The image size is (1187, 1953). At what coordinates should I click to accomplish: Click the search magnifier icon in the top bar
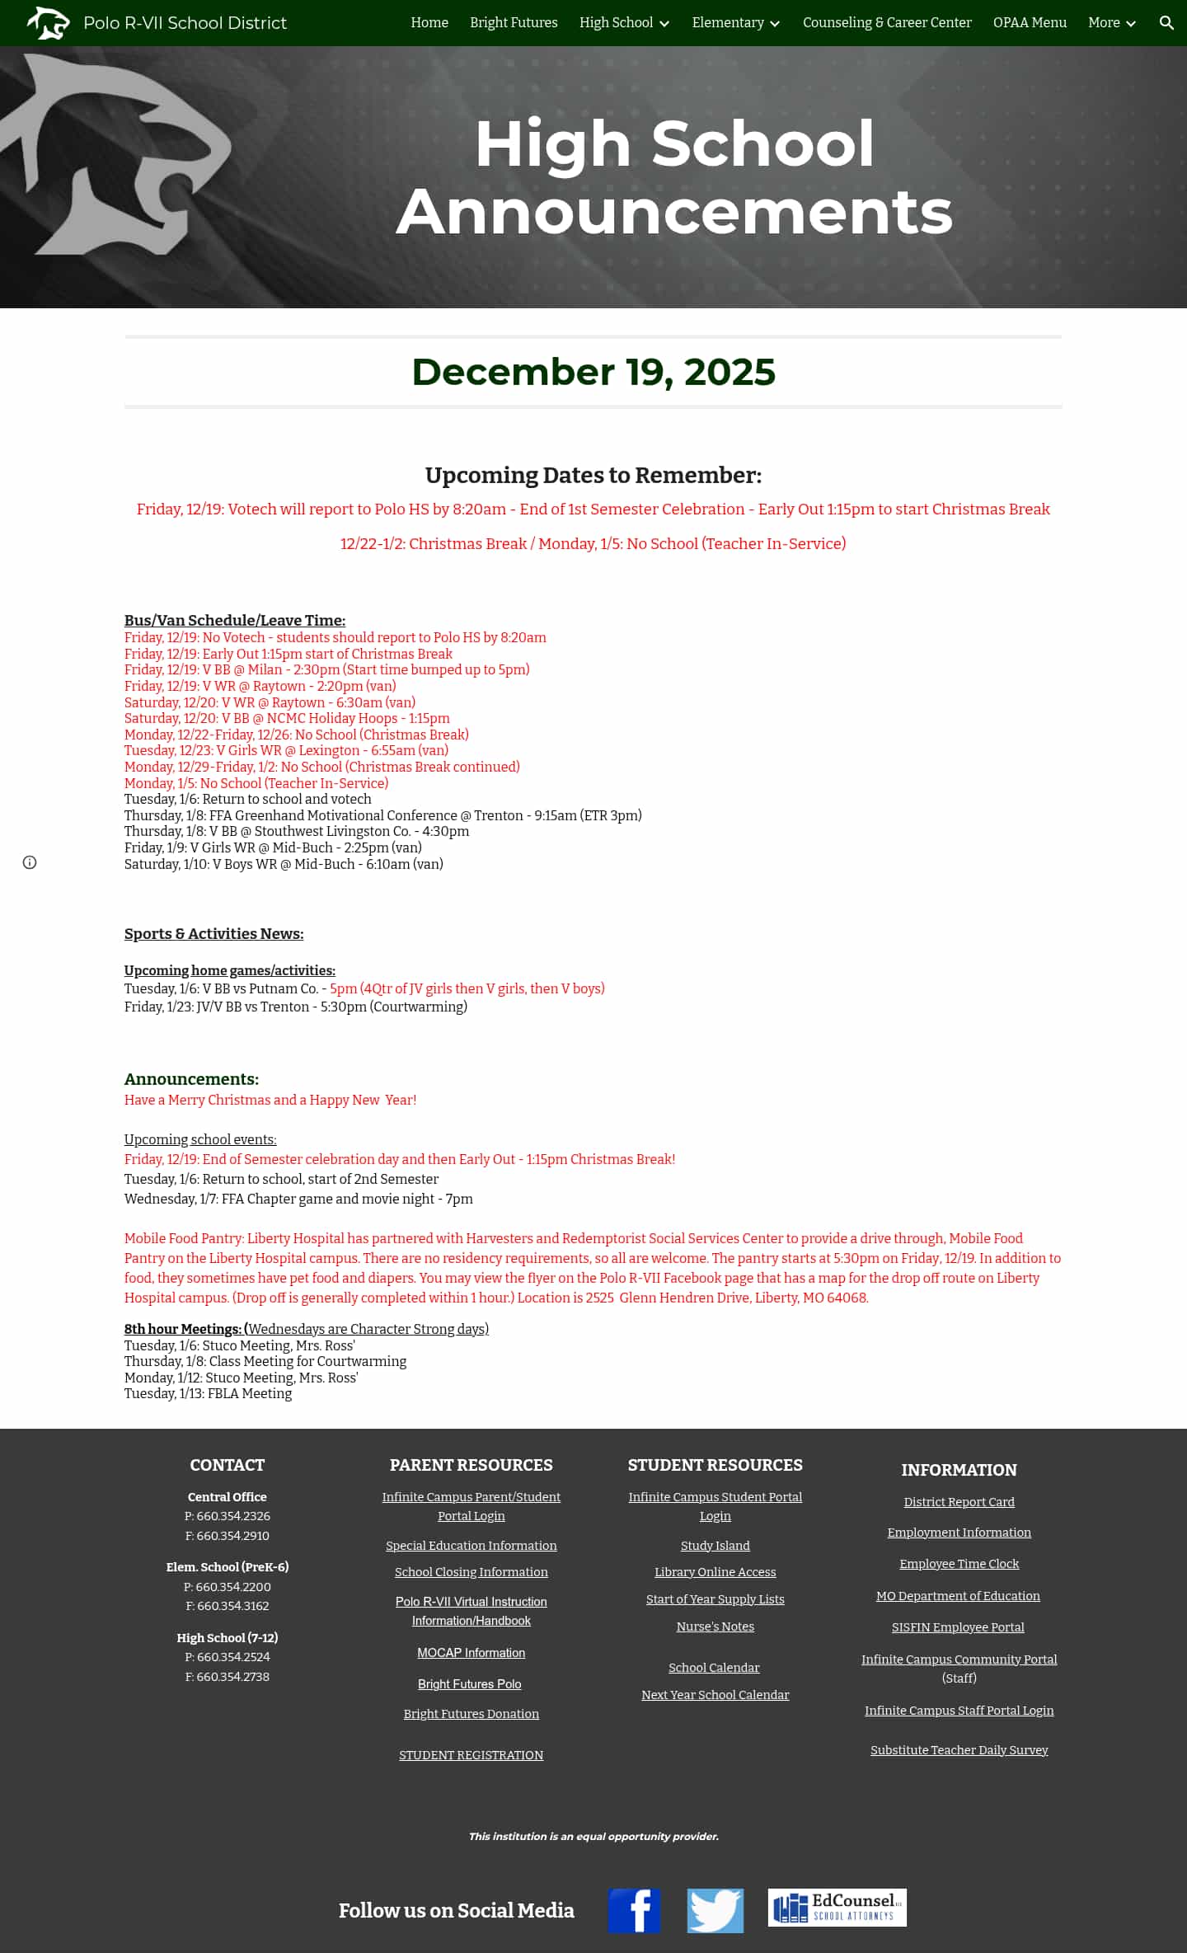[1166, 23]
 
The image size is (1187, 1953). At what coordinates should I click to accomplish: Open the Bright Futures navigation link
[514, 23]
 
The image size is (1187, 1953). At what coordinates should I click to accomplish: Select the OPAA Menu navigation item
[1030, 23]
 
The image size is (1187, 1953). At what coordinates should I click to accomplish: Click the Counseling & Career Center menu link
[887, 23]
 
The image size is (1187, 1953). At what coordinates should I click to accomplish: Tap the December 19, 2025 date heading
[593, 372]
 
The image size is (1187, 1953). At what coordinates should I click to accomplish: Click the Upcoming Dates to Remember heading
[593, 476]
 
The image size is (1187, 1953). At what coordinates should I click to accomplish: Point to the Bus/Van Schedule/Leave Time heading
[235, 621]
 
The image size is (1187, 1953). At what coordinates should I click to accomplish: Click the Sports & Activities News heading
[213, 934]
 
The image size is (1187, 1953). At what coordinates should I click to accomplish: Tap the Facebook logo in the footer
[634, 1910]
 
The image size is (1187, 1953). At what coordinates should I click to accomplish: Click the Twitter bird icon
[715, 1910]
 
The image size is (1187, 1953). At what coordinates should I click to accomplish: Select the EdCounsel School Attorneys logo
[837, 1908]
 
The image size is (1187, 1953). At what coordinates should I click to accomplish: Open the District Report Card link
[959, 1502]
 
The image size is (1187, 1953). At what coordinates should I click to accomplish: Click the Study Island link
[715, 1546]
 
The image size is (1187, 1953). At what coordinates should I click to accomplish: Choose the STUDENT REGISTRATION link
[471, 1755]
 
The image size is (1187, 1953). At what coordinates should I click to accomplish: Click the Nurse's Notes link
[715, 1627]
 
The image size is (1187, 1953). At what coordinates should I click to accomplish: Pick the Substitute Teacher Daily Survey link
[959, 1750]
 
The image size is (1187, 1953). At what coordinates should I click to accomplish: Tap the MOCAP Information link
[471, 1653]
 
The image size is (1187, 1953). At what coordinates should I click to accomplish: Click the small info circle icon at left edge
[30, 862]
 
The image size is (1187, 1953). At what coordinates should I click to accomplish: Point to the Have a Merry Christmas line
[270, 1101]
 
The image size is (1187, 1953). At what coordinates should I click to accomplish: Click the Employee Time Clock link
[959, 1564]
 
